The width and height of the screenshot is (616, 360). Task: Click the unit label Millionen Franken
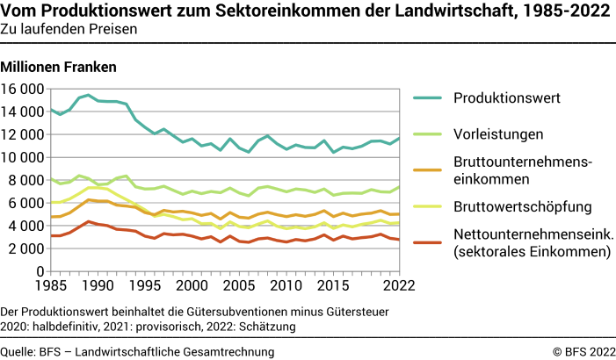tap(59, 67)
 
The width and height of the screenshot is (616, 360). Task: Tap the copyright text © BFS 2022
tap(583, 351)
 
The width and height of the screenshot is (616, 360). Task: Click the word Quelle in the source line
tap(18, 351)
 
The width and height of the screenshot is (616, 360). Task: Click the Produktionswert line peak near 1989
tap(88, 95)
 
